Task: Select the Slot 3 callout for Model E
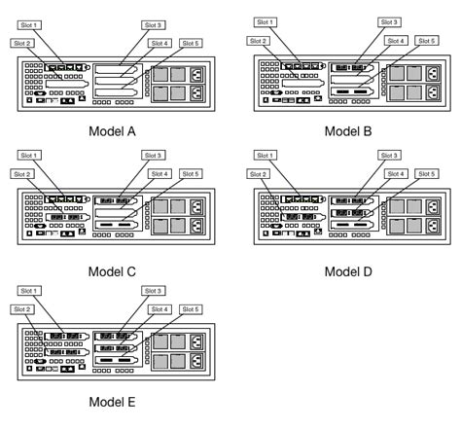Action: tap(154, 290)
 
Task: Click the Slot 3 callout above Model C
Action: tap(154, 155)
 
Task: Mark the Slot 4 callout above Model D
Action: tap(396, 173)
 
